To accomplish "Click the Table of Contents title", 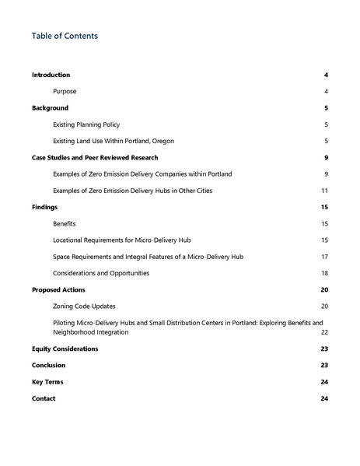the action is click(x=65, y=36).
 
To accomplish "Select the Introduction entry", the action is click(x=51, y=75).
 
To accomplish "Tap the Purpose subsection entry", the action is click(x=65, y=91).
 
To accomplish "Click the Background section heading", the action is click(x=50, y=108).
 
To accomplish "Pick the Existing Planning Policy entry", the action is click(x=86, y=124).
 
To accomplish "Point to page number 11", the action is click(x=324, y=191).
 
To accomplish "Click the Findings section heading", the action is click(x=44, y=208).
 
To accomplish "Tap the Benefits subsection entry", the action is click(x=65, y=224).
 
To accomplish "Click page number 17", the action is click(x=324, y=257).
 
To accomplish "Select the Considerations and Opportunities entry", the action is click(x=101, y=273).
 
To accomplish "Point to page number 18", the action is click(x=324, y=273).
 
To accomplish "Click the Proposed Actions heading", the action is click(x=59, y=290).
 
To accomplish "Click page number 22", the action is click(x=324, y=331).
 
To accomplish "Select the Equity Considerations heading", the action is click(x=65, y=349).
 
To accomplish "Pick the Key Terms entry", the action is click(x=47, y=382).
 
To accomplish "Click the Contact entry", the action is click(x=44, y=398).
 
